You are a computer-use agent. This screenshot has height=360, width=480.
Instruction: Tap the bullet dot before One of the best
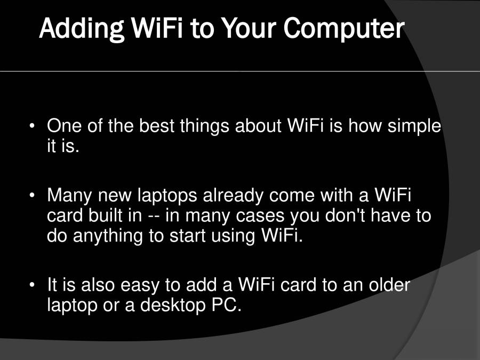pyautogui.click(x=33, y=127)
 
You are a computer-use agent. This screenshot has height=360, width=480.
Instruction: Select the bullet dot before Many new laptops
pyautogui.click(x=33, y=196)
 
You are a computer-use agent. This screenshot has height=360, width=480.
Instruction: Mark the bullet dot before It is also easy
pyautogui.click(x=33, y=285)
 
